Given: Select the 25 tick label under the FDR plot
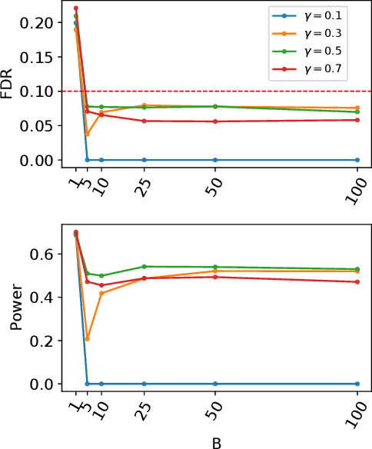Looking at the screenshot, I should tap(141, 185).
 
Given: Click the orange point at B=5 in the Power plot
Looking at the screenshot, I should tap(87, 338).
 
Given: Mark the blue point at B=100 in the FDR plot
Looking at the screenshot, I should tap(357, 160).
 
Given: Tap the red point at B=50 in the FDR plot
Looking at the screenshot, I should tap(214, 121).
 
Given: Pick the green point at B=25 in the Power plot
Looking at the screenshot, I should tap(144, 266).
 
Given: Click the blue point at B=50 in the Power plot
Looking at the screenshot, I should tap(214, 384).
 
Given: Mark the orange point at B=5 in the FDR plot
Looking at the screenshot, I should tap(87, 134).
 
